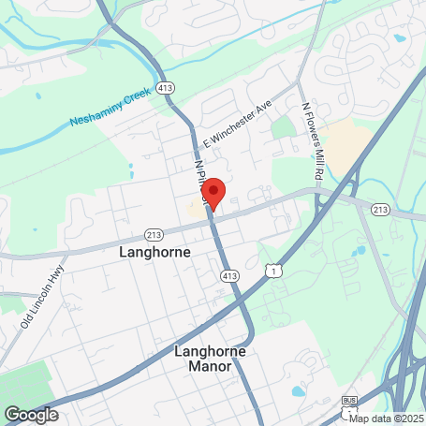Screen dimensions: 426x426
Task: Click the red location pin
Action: [x=213, y=192]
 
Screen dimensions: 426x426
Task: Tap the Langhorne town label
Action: [x=155, y=253]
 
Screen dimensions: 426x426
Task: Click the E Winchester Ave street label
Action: [x=235, y=119]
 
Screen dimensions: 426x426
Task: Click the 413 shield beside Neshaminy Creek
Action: [x=166, y=87]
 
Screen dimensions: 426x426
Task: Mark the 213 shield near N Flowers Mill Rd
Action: [x=379, y=210]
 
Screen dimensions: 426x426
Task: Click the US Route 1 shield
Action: [x=272, y=271]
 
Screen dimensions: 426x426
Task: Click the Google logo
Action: [x=31, y=414]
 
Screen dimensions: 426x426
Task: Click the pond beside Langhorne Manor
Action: [x=299, y=390]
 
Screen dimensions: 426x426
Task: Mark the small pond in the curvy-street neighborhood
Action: [x=400, y=38]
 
